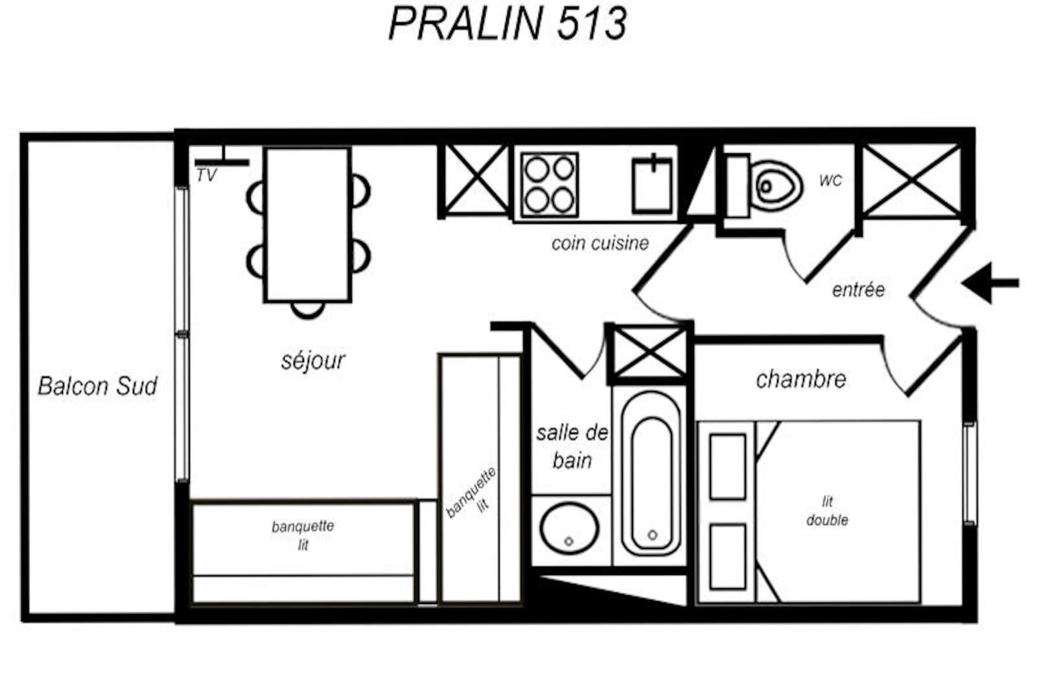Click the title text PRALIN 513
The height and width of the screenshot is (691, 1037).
508,23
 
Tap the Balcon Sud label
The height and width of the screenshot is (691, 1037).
97,386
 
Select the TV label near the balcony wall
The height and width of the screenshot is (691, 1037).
207,176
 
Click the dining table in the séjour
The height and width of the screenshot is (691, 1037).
307,224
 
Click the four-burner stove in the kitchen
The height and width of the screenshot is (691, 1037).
550,185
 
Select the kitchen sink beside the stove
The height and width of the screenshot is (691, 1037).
653,185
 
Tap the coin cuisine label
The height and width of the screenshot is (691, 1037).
600,243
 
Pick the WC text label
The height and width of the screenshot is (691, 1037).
830,181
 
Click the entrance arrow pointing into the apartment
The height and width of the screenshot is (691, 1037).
990,283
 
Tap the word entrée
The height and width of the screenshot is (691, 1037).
858,290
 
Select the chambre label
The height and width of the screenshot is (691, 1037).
801,379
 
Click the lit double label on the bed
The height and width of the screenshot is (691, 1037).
827,511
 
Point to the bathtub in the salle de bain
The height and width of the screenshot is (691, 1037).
652,473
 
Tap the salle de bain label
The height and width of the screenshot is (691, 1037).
572,446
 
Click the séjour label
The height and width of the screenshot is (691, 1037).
313,360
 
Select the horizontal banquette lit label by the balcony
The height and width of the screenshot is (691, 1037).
303,535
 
